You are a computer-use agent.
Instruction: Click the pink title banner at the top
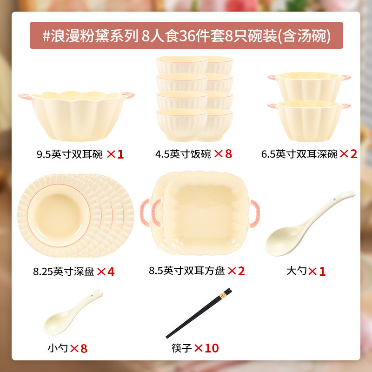pyautogui.click(x=186, y=35)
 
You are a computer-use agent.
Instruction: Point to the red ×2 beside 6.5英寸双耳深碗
pyautogui.click(x=348, y=154)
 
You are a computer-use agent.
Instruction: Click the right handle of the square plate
pyautogui.click(x=255, y=212)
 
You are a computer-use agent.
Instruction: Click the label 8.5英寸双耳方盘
pyautogui.click(x=186, y=271)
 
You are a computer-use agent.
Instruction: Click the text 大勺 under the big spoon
pyautogui.click(x=296, y=271)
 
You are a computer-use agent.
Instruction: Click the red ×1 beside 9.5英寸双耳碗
pyautogui.click(x=115, y=154)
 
